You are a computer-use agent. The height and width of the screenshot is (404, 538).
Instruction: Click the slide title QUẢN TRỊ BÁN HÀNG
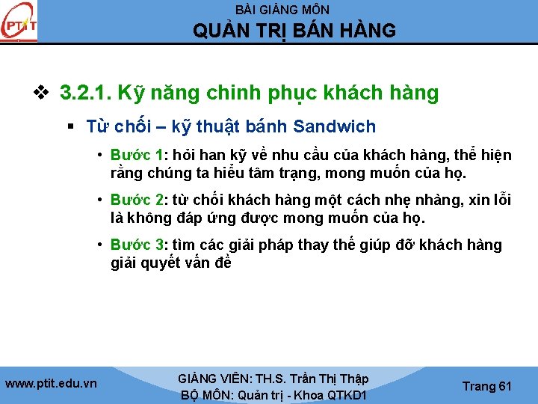coord(294,31)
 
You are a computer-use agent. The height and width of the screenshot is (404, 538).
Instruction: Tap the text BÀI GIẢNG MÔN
coord(282,10)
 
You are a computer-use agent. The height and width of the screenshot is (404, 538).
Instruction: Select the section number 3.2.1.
coord(84,94)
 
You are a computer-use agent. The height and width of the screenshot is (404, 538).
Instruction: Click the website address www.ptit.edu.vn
coord(51,384)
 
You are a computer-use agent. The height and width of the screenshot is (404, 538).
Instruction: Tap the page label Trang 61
coord(487,386)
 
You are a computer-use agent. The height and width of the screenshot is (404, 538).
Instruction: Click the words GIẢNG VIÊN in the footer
coord(213,379)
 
